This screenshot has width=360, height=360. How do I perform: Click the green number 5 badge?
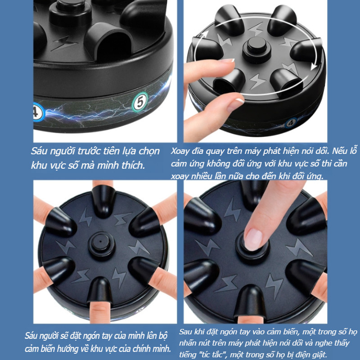click(x=140, y=102)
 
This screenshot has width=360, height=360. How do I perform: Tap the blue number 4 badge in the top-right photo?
click(x=291, y=123)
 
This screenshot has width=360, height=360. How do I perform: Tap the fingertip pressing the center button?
click(x=253, y=239)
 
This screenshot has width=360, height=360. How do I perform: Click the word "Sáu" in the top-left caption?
click(x=39, y=151)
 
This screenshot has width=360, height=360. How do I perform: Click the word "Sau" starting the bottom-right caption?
click(x=186, y=332)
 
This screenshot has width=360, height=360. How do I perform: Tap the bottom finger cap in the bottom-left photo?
click(x=100, y=290)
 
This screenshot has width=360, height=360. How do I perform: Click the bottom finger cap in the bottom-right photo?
click(x=250, y=301)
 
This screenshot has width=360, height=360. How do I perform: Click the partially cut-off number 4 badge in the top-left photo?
click(x=38, y=112)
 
